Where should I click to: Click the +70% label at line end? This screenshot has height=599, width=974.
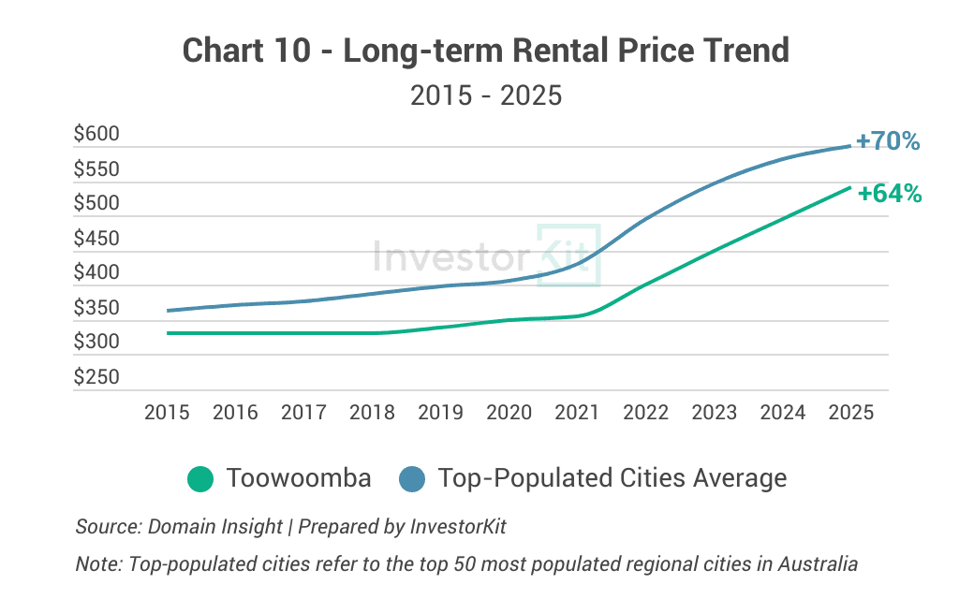(888, 141)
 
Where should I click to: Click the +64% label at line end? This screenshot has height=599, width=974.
(890, 194)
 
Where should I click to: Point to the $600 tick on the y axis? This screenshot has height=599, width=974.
(96, 135)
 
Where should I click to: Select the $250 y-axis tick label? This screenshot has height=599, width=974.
(96, 377)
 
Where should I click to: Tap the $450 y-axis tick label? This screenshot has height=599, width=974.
(96, 239)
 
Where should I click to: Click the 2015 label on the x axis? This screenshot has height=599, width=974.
(167, 413)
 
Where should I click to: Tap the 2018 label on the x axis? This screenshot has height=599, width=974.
(372, 413)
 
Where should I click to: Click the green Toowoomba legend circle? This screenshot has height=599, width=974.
(200, 478)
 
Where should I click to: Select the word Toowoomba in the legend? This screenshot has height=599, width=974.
(299, 478)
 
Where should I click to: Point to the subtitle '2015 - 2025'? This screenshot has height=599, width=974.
(486, 95)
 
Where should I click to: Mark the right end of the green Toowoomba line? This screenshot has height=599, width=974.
(849, 187)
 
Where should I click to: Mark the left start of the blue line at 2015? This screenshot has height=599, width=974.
(168, 311)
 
